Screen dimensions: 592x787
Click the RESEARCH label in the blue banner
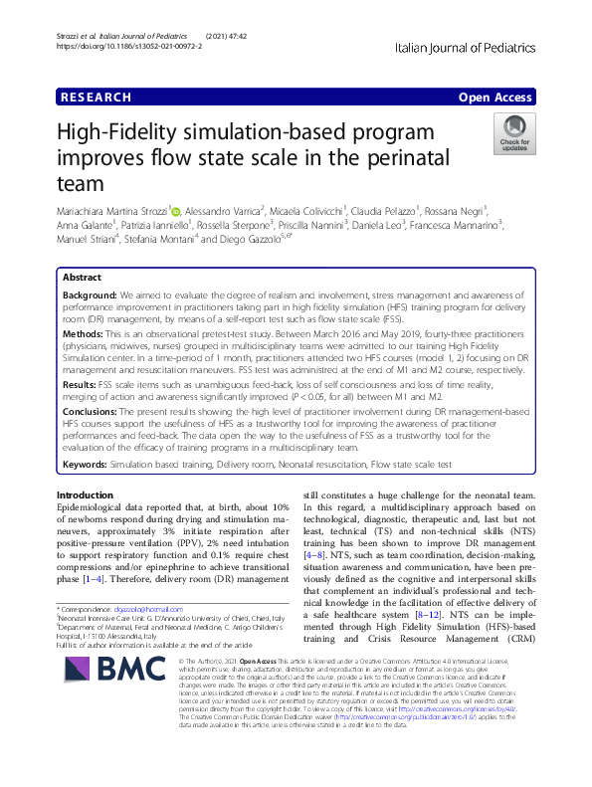click(95, 98)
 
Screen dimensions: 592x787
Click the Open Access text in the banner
click(494, 98)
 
